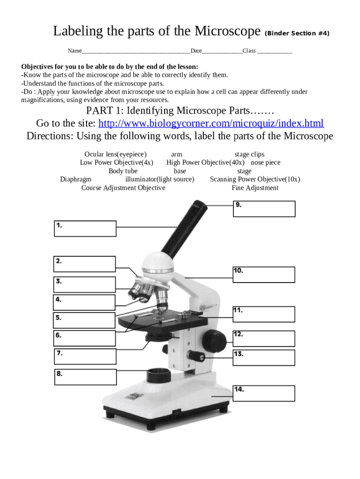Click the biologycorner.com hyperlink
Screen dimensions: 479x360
coord(211,123)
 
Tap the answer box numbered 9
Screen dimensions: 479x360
coord(264,209)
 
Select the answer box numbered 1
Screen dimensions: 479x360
coord(85,229)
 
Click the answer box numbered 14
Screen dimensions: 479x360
coord(264,393)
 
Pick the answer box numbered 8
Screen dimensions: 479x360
coord(86,377)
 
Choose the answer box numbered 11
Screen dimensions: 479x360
coord(264,314)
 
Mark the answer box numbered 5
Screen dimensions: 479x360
coord(85,320)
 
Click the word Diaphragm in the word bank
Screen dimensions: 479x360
coord(76,179)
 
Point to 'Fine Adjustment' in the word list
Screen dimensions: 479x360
coord(255,188)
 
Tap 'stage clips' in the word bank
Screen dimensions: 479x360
coord(249,154)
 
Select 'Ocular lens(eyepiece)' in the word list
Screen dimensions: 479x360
coord(115,154)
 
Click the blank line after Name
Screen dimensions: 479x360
coord(136,51)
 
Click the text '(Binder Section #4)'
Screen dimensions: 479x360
coord(297,34)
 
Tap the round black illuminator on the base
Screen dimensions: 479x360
coord(159,375)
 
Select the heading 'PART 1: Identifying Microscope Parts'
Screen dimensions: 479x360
coord(180,111)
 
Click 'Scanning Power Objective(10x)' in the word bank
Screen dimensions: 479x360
coord(255,179)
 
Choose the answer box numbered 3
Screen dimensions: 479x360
coord(85,284)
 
